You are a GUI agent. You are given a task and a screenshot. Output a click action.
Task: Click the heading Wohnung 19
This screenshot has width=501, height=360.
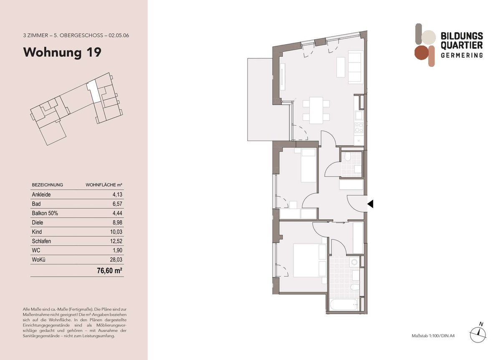(62, 53)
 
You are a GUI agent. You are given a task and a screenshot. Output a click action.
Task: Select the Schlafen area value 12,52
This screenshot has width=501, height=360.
(116, 241)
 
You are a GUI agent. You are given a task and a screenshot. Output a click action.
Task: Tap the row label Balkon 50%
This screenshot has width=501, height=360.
(45, 213)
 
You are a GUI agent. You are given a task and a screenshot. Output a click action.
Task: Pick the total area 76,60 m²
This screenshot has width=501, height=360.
(109, 271)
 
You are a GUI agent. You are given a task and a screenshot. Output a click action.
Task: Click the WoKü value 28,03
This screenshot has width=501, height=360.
(116, 259)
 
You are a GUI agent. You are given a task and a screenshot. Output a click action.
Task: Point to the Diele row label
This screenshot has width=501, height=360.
(37, 223)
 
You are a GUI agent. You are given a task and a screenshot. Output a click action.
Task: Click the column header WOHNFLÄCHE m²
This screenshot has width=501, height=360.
(104, 185)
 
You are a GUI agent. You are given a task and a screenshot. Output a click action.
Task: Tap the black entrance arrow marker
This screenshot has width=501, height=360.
(370, 204)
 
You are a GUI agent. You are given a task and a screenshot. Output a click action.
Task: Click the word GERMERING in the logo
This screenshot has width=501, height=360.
(462, 55)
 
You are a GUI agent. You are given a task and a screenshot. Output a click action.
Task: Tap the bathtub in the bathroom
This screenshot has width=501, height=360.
(344, 305)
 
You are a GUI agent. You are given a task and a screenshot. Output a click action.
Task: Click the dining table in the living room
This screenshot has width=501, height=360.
(316, 111)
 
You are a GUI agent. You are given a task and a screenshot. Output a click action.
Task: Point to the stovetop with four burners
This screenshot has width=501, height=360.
(359, 128)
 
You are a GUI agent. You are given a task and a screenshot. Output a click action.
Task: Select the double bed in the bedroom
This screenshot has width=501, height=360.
(310, 261)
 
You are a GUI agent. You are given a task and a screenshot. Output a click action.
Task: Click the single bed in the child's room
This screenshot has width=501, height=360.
(308, 165)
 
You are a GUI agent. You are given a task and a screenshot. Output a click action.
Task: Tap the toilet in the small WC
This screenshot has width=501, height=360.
(347, 156)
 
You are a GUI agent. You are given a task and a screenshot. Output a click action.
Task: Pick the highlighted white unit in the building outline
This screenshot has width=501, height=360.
(93, 91)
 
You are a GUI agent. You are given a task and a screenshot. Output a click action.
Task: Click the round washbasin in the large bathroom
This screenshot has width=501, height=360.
(354, 262)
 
